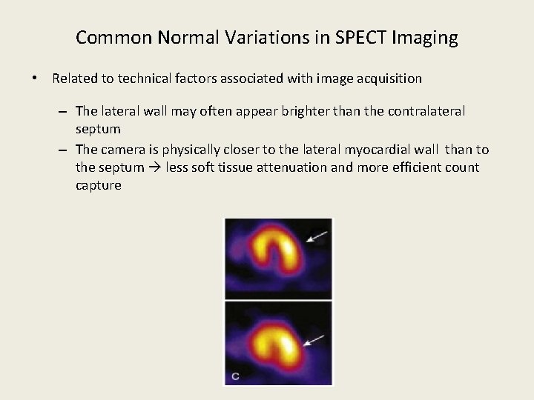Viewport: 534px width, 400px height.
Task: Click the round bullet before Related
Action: [35, 79]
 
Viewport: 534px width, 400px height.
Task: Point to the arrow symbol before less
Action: [156, 168]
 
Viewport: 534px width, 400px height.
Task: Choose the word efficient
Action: [419, 168]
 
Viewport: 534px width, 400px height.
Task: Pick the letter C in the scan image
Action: [234, 376]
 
